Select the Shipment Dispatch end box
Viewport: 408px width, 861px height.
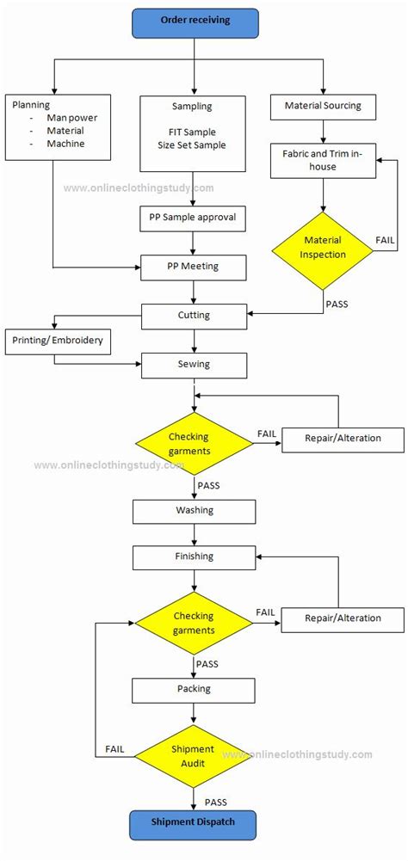point(195,822)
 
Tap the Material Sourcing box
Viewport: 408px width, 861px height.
point(323,106)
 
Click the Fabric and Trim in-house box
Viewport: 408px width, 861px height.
point(323,160)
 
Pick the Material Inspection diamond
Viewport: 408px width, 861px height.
point(323,247)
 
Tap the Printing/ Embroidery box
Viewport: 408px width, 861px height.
point(58,340)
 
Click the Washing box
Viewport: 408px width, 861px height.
point(194,511)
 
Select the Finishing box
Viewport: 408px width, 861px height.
point(194,557)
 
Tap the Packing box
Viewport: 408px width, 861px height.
point(194,689)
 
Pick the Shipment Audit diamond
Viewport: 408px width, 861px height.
point(194,755)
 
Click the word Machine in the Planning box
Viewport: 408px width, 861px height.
point(65,144)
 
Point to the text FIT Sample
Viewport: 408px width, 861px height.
point(194,132)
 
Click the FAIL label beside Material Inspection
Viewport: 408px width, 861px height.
point(386,238)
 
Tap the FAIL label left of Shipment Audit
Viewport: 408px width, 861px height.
point(115,749)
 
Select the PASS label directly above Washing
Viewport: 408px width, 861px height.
point(208,485)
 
